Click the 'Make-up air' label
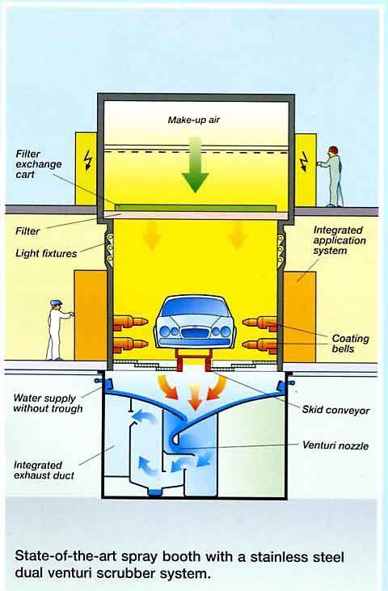pos(194,120)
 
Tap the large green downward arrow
pos(195,165)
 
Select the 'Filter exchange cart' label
pos(39,164)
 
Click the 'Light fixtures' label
pos(46,253)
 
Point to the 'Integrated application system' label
pos(339,240)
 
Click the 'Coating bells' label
pos(350,344)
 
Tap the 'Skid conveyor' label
pos(335,410)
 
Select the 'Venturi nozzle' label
pos(335,445)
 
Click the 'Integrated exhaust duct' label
pos(44,471)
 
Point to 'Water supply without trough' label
pos(48,403)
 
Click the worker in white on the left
pos(57,330)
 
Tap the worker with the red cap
pos(332,176)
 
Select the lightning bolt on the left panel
pos(88,161)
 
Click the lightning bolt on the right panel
pos(304,162)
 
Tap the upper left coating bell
pos(130,323)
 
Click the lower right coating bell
pos(260,345)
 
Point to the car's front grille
pos(194,332)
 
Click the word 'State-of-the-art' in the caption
pos(64,557)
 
